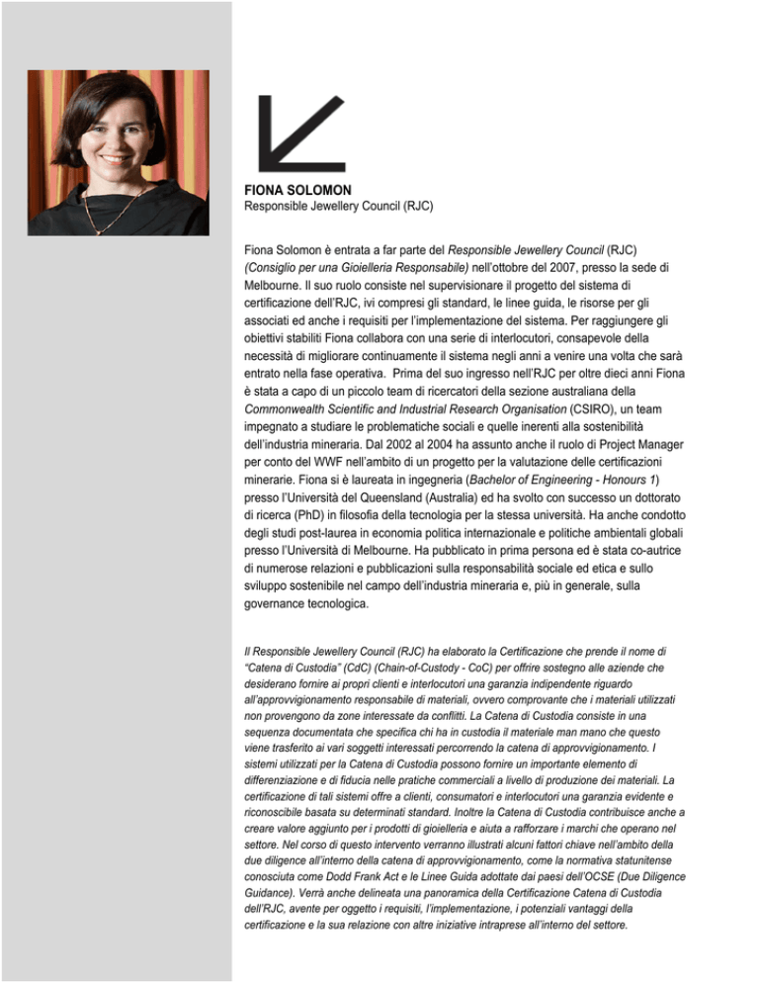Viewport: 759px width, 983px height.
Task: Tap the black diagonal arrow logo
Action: point(298,133)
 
